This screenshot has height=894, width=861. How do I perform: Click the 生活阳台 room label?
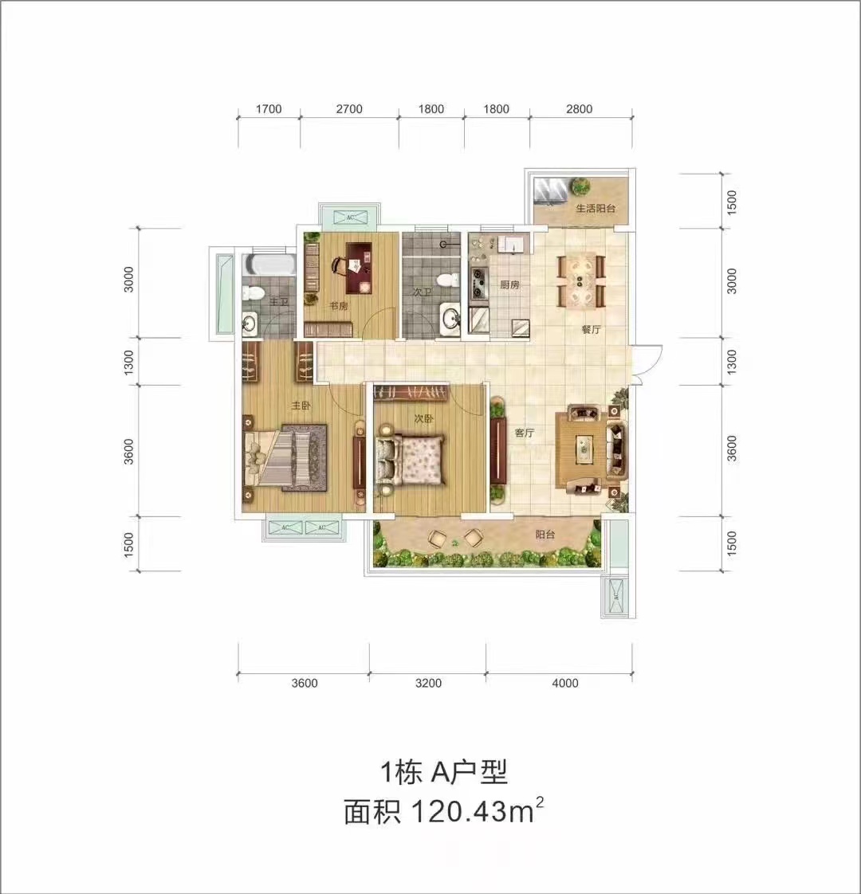click(x=596, y=209)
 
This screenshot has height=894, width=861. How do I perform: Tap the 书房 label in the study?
click(x=338, y=306)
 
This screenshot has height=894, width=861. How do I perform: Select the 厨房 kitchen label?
click(x=509, y=284)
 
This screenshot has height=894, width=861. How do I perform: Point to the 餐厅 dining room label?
click(x=590, y=329)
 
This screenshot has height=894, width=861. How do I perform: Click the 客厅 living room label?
click(x=524, y=433)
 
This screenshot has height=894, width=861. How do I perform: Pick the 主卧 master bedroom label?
click(x=300, y=406)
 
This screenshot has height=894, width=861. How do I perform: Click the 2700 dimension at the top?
click(x=349, y=109)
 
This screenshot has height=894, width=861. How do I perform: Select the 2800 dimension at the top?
click(x=580, y=109)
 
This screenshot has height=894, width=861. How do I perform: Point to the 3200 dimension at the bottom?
click(x=428, y=683)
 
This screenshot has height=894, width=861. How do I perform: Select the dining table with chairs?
click(x=580, y=280)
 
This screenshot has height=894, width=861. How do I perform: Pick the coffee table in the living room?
click(x=586, y=449)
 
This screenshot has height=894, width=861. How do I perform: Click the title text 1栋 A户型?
click(x=443, y=772)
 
